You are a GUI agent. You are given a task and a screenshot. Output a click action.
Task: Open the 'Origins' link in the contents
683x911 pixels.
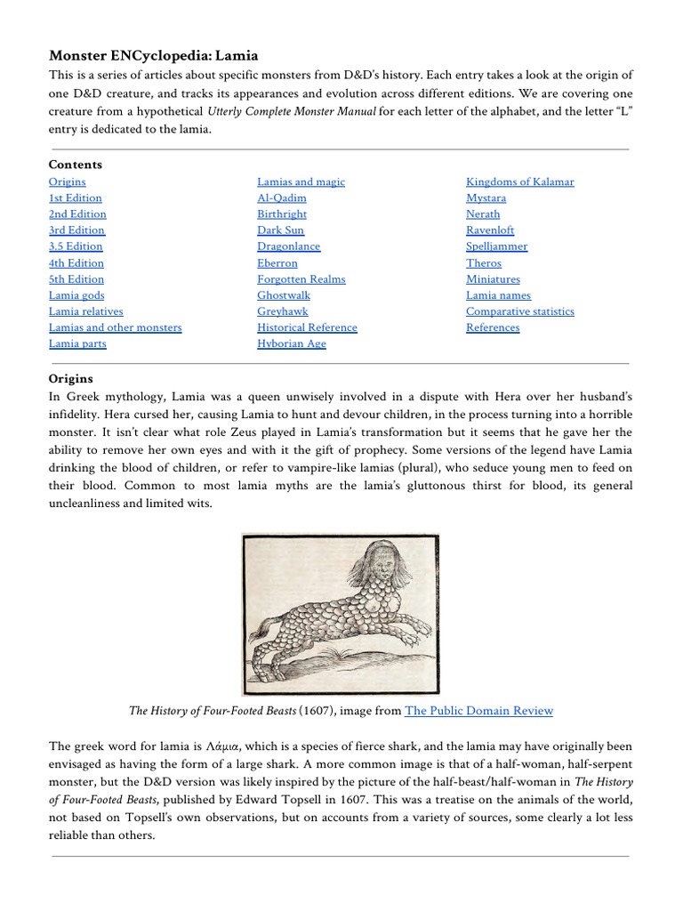coord(68,181)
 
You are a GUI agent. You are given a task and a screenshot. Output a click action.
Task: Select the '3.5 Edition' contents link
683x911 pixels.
coord(76,246)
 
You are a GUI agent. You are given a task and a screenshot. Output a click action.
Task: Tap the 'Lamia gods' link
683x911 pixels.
coord(76,295)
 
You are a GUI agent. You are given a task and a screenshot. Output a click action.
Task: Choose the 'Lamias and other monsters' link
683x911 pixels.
coord(115,327)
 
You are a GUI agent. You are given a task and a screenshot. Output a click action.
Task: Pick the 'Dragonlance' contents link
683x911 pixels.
coord(288,246)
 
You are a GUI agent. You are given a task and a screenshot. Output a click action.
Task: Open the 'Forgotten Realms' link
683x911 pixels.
coord(301,278)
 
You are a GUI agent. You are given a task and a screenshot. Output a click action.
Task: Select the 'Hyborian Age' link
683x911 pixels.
coord(292,343)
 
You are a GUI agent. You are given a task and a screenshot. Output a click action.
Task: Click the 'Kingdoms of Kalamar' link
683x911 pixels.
coord(519,181)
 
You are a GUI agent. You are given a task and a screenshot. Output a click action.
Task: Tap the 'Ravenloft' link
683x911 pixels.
coord(490,230)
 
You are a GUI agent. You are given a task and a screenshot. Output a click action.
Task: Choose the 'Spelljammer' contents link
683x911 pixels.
coord(496,246)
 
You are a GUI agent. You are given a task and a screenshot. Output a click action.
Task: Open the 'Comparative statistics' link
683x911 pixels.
coord(519,311)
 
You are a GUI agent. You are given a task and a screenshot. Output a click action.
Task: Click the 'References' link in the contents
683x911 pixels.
coord(493,327)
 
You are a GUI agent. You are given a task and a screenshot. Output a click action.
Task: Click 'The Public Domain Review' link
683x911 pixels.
coord(478,710)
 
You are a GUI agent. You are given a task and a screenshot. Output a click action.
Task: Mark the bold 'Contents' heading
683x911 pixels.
coord(76,165)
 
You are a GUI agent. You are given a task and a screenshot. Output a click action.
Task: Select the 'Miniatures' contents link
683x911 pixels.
coord(493,278)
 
